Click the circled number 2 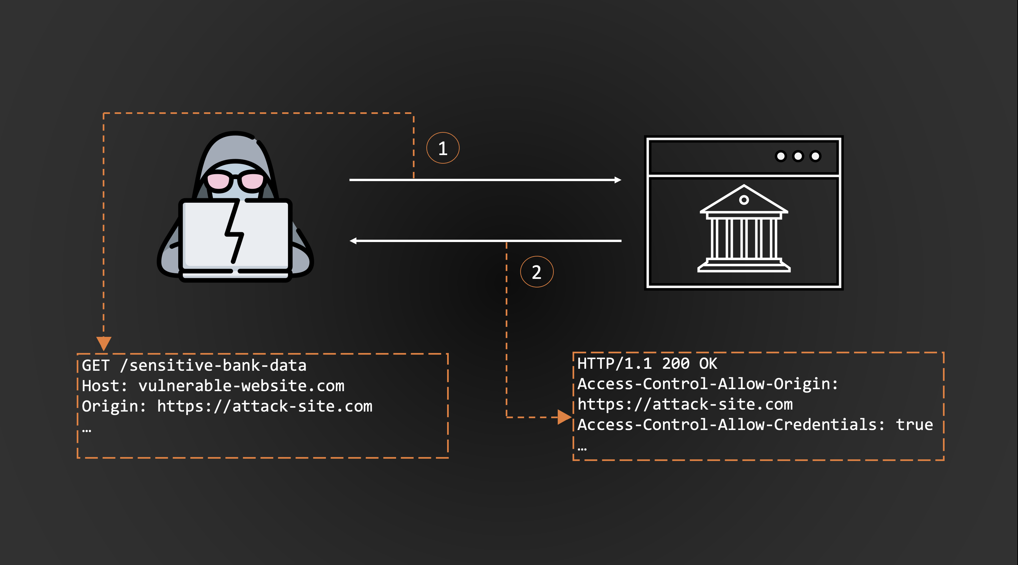click(537, 272)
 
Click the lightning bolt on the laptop click(235, 231)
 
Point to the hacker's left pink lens click(219, 181)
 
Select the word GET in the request click(95, 365)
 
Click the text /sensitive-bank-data click(213, 365)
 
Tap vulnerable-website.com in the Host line click(241, 386)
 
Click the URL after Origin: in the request click(265, 407)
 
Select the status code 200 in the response click(676, 363)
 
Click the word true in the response click(915, 425)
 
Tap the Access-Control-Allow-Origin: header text click(708, 384)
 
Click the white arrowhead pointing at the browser click(618, 180)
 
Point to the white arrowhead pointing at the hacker click(353, 241)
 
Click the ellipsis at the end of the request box click(87, 430)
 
